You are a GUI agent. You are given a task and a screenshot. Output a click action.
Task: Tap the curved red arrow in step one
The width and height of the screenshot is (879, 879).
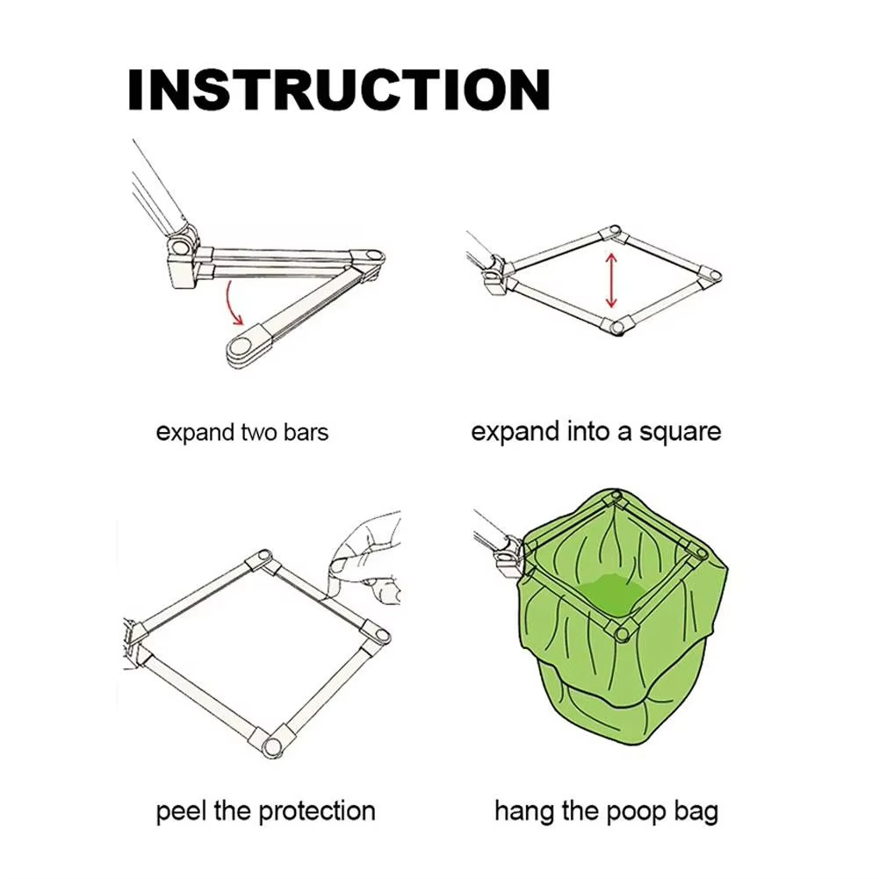230,303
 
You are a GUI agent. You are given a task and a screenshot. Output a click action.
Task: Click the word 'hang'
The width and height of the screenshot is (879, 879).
523,811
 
